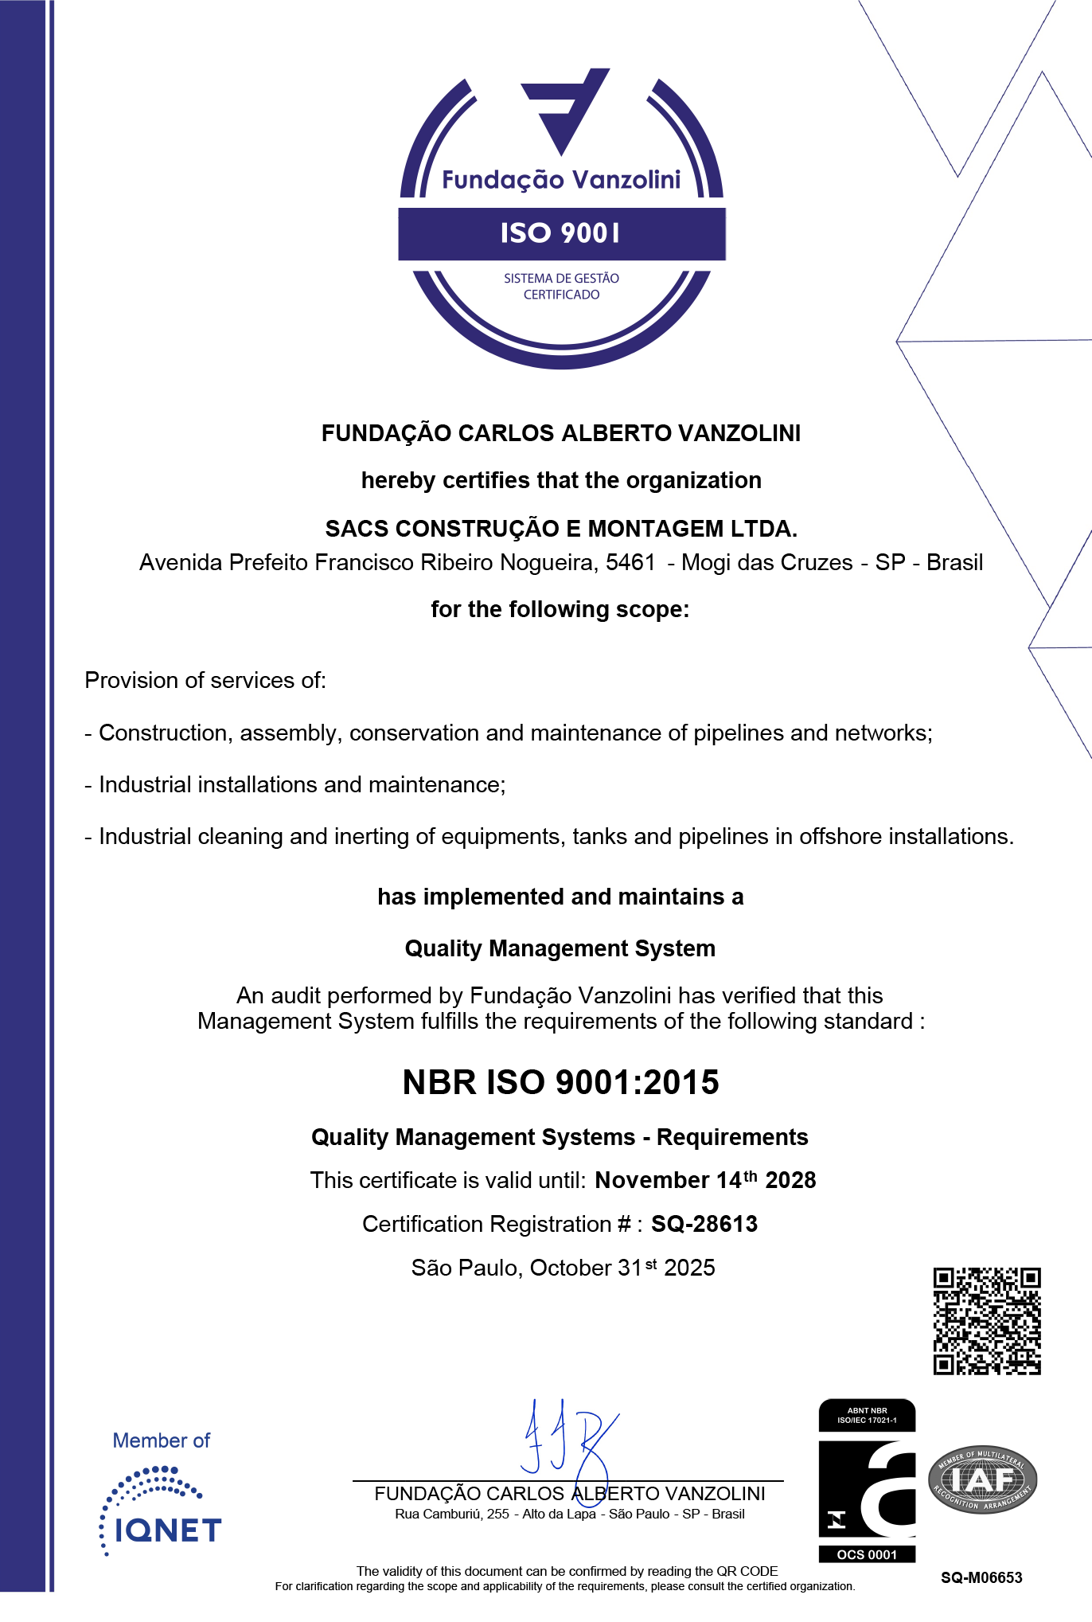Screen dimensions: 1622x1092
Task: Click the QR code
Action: click(987, 1321)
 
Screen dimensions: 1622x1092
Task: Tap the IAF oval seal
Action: click(983, 1479)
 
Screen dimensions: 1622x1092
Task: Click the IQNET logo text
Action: click(168, 1530)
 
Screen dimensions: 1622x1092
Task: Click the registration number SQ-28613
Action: click(704, 1224)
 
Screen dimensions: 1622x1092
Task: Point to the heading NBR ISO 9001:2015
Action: click(561, 1082)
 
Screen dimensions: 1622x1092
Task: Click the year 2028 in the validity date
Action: click(790, 1180)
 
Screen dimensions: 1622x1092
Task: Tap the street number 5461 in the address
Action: click(630, 562)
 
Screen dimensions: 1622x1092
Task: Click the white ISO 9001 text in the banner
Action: click(561, 233)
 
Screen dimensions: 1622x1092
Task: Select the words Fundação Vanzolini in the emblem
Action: click(561, 180)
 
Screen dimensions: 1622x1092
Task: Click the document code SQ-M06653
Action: click(981, 1577)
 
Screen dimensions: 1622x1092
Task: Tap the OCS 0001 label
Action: click(867, 1554)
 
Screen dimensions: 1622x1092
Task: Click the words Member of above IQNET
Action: click(162, 1440)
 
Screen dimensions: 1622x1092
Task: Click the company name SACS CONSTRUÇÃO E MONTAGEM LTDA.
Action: click(561, 529)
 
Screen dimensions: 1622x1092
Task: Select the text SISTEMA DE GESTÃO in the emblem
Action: click(561, 279)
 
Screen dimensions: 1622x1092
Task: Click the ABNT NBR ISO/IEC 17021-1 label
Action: click(867, 1415)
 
